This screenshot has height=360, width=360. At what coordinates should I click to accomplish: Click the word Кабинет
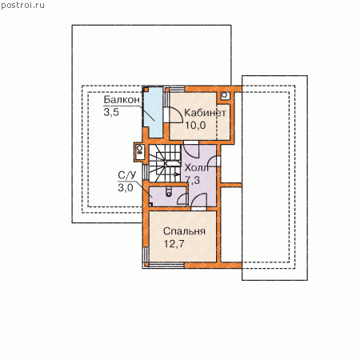pos(205,113)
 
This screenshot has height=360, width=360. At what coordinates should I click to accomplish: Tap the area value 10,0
pos(195,125)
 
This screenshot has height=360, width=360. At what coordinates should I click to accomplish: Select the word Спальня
pos(184,231)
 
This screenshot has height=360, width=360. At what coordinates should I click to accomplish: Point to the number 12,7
pos(174,244)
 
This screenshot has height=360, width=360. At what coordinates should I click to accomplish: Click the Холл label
pos(197,168)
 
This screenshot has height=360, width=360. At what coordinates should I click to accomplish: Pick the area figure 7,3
pos(193,180)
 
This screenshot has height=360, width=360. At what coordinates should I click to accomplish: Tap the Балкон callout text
pos(122,100)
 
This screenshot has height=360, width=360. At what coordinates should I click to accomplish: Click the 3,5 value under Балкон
pos(111,112)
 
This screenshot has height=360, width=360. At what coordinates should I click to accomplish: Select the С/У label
pos(127,175)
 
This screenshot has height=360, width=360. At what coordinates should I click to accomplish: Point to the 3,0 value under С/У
pos(126,188)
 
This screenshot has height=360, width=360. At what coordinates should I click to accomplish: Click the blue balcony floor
pos(154,112)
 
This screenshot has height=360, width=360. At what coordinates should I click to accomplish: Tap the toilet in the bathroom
pos(169,192)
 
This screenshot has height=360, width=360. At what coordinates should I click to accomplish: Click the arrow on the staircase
pos(175,174)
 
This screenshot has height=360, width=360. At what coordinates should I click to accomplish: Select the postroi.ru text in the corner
pos(22,6)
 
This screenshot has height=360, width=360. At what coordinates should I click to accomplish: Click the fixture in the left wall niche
pos(139,152)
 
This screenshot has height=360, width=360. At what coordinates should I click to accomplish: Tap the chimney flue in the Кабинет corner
pos(225,95)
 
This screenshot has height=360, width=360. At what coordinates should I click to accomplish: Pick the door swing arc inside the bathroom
pos(182,198)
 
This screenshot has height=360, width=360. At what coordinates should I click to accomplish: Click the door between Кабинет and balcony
pos(174,115)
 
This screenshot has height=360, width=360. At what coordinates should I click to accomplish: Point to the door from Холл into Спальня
pos(199,201)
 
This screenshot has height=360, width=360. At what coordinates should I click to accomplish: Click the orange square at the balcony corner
pos(146,90)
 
